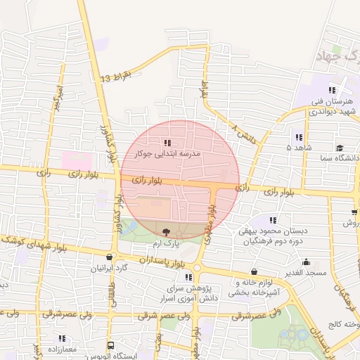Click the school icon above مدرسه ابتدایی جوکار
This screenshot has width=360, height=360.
(x=167, y=144)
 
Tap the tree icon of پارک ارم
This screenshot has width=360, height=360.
(x=166, y=232)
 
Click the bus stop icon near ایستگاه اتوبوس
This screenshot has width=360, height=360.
(x=110, y=345)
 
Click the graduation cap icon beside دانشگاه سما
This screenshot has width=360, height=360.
(x=340, y=148)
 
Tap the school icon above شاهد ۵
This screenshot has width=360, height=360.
(x=299, y=137)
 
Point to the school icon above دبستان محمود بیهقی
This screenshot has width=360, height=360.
(x=274, y=220)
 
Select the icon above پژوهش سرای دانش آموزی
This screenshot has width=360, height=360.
(x=188, y=276)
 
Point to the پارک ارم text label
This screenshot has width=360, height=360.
(x=167, y=243)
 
